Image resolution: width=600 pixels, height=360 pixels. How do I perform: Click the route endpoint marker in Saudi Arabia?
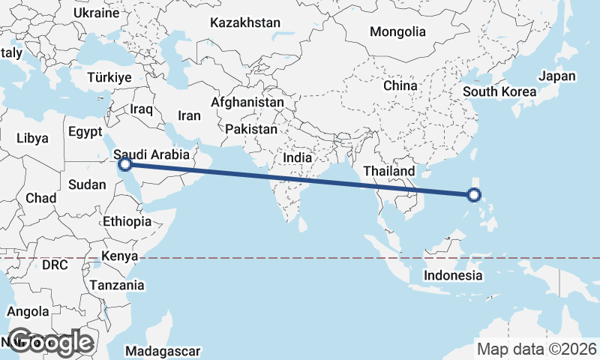(x=126, y=163)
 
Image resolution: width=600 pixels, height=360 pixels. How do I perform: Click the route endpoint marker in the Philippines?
(x=473, y=195)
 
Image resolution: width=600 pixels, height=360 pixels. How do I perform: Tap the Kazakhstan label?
(x=245, y=23)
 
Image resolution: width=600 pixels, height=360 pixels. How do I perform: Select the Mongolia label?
(x=397, y=32)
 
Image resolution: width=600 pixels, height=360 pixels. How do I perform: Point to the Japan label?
(x=557, y=76)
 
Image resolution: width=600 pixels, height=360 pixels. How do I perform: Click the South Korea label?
(x=499, y=91)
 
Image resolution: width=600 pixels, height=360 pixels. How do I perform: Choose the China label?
(x=400, y=85)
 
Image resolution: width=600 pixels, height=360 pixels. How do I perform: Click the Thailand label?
(x=389, y=171)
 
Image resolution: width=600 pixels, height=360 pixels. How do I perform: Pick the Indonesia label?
(x=453, y=275)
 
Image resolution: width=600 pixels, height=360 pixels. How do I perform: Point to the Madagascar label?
(x=163, y=351)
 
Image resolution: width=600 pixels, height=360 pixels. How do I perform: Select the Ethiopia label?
(x=127, y=221)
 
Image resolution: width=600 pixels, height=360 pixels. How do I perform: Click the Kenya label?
(x=120, y=256)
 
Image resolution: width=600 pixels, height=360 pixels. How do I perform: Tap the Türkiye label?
(x=109, y=77)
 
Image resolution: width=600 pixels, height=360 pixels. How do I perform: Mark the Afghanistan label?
(x=247, y=102)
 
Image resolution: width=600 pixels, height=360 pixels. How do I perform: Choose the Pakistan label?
(x=251, y=129)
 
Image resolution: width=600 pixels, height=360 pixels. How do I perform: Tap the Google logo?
(x=49, y=342)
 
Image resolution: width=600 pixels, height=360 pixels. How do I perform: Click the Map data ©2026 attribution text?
(x=536, y=349)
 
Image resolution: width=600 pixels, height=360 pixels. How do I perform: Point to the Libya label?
(x=32, y=138)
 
